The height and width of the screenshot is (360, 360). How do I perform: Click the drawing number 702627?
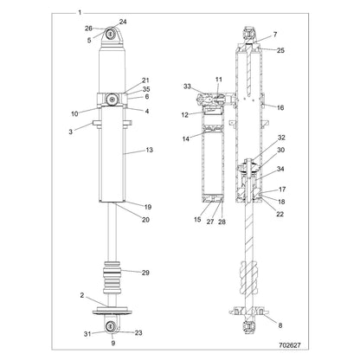tap(290, 345)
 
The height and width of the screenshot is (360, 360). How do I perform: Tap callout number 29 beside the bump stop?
tap(145, 273)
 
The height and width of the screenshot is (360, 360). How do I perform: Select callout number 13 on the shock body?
tap(149, 150)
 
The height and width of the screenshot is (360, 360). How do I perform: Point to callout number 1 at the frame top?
tap(80, 13)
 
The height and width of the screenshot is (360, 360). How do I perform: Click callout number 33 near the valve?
tap(187, 86)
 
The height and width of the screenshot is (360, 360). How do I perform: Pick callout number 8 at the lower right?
tap(280, 325)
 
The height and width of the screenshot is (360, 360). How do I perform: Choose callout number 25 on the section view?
tap(280, 50)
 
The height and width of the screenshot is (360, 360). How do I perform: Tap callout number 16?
tap(280, 107)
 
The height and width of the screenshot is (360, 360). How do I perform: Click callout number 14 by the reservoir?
tap(186, 138)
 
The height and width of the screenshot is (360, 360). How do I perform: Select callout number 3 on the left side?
tap(70, 132)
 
